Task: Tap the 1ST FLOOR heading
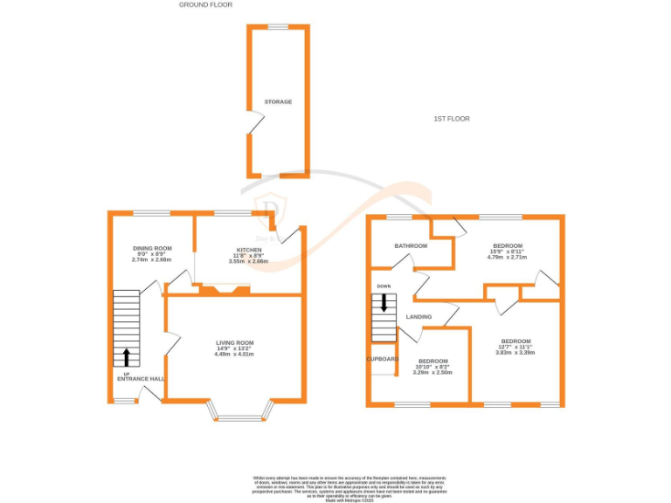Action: point(452,118)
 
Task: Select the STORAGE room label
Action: point(279,102)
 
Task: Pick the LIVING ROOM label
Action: point(234,342)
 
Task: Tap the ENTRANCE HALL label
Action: point(141,378)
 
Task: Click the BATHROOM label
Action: point(411,246)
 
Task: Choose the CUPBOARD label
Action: point(382,359)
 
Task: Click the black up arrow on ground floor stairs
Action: point(126,355)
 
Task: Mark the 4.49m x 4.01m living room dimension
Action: point(234,354)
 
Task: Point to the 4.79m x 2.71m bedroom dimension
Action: point(508,258)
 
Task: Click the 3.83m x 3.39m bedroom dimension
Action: point(515,352)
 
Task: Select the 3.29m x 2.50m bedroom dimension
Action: point(432,372)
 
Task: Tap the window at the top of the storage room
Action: point(278,27)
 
